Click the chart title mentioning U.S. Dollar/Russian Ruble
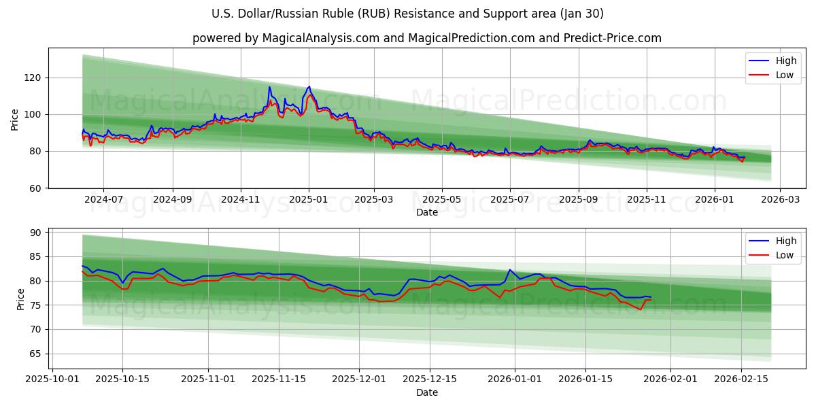[x=408, y=14]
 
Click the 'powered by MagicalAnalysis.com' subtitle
[x=426, y=38]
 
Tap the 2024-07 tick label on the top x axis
[x=103, y=200]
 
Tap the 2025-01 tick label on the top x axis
[x=309, y=200]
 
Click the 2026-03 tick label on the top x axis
[x=779, y=200]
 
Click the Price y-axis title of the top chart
[x=15, y=118]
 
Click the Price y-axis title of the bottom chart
[x=20, y=299]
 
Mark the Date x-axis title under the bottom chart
[x=426, y=392]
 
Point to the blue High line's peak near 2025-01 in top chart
[x=309, y=86]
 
